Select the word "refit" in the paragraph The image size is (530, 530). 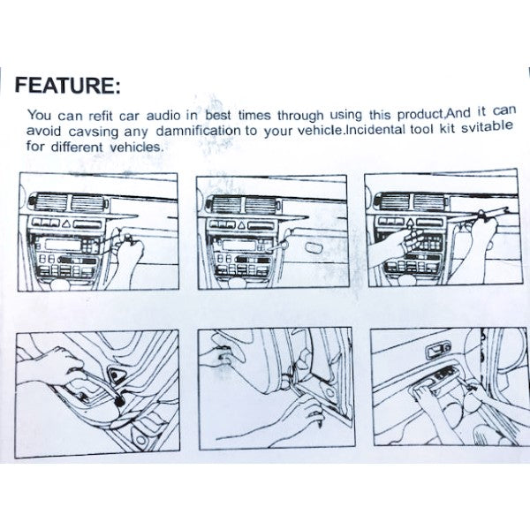[101, 116]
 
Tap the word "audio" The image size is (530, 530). [163, 116]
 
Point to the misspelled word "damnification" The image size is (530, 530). [199, 131]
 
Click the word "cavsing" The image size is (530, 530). [94, 132]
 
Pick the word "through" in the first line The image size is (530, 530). [301, 116]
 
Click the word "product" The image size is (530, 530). [420, 115]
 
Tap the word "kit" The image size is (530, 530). [447, 128]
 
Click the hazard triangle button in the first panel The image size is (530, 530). [67, 223]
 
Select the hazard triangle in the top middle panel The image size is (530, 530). [241, 225]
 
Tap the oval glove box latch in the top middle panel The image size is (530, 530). [314, 247]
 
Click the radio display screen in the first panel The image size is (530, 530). [64, 244]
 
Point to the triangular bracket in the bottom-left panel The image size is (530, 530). [117, 375]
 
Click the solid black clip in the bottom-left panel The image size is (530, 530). [119, 401]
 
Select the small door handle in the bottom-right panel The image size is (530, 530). [438, 351]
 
